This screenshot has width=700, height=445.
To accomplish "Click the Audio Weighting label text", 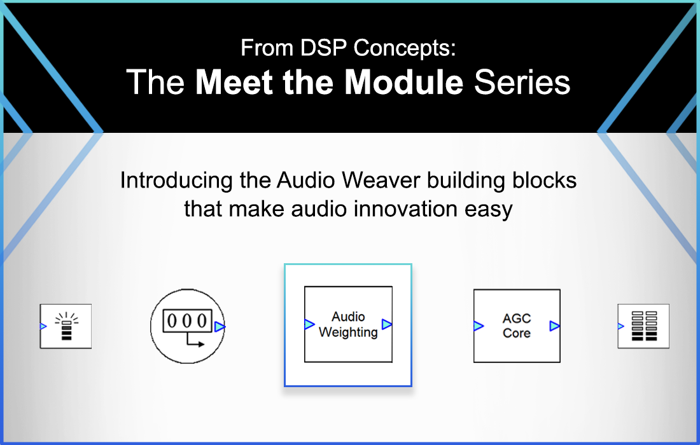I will [348, 324].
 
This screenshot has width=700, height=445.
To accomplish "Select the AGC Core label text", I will [516, 325].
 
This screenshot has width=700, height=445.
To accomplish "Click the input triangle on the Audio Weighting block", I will [310, 324].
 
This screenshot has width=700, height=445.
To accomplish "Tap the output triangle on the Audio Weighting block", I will [387, 324].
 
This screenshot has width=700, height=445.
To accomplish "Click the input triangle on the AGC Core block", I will [479, 326].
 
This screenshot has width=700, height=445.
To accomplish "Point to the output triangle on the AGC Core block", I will [555, 326].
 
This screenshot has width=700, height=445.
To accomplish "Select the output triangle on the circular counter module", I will [220, 327].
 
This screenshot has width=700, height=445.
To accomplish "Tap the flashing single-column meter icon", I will [66, 326].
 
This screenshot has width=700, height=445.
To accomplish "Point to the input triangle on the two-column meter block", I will [621, 326].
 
